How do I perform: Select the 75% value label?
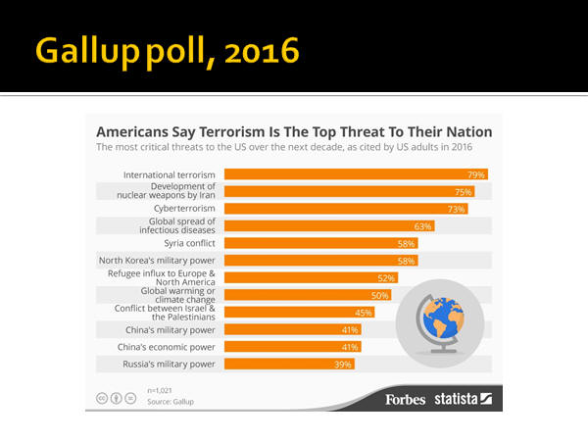(x=464, y=192)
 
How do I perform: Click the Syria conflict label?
(x=184, y=243)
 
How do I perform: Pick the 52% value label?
(x=386, y=278)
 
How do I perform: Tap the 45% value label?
(x=364, y=313)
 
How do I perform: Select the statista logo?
(x=466, y=399)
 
